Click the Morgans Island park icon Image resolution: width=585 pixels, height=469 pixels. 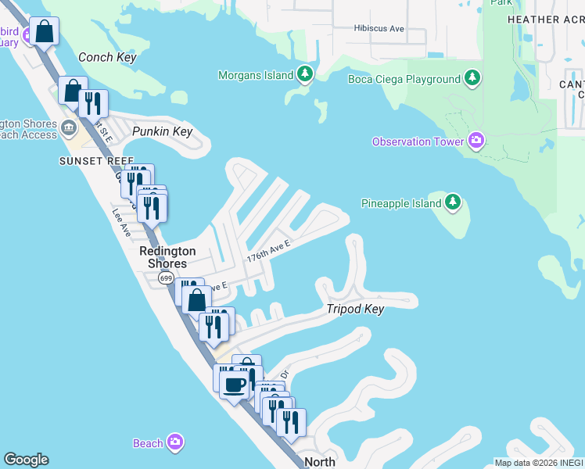[x=305, y=75]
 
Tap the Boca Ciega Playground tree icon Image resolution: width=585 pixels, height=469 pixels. [x=472, y=78]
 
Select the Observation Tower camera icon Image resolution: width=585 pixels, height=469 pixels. [x=476, y=141]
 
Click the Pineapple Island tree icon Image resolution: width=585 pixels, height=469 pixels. [x=453, y=203]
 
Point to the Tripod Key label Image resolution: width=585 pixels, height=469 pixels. [x=355, y=309]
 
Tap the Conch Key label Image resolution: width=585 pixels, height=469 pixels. [x=108, y=57]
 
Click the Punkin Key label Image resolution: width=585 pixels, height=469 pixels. [x=162, y=131]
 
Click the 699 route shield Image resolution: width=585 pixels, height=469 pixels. [x=165, y=278]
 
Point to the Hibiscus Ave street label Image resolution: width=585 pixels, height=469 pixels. [x=379, y=28]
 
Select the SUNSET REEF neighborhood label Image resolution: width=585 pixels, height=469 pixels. [x=86, y=161]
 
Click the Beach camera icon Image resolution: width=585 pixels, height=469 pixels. [x=176, y=443]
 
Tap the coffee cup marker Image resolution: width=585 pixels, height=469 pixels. [x=235, y=385]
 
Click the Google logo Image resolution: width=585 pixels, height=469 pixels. [x=26, y=460]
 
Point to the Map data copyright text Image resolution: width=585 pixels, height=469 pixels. [x=539, y=462]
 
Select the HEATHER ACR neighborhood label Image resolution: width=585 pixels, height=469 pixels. [x=545, y=20]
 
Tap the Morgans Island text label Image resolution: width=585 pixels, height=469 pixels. [x=254, y=75]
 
